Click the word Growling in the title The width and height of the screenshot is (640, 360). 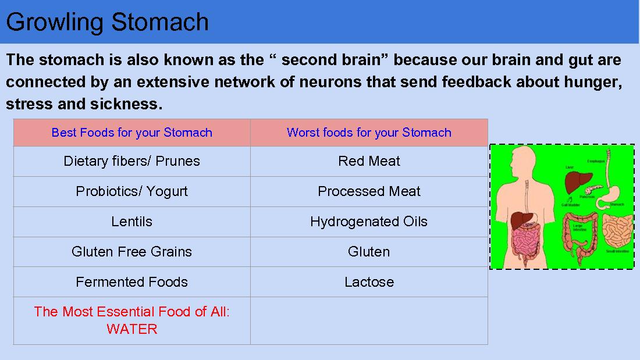point(55,22)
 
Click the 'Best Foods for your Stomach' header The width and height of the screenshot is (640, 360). point(131,133)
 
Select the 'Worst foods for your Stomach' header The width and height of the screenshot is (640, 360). point(369,133)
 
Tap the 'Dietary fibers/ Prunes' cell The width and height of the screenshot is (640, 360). point(131,161)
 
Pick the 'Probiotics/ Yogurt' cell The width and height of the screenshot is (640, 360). point(131,191)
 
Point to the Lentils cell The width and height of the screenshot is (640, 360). point(131,222)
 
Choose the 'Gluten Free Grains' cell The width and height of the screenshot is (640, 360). point(131,252)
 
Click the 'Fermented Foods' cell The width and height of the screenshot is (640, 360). point(131,282)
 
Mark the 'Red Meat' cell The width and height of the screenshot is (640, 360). point(369,161)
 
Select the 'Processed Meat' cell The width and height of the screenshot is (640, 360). point(369,191)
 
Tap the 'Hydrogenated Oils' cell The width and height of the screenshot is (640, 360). point(369,222)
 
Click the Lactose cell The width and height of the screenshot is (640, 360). point(369,282)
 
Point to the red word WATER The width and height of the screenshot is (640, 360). point(131,329)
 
